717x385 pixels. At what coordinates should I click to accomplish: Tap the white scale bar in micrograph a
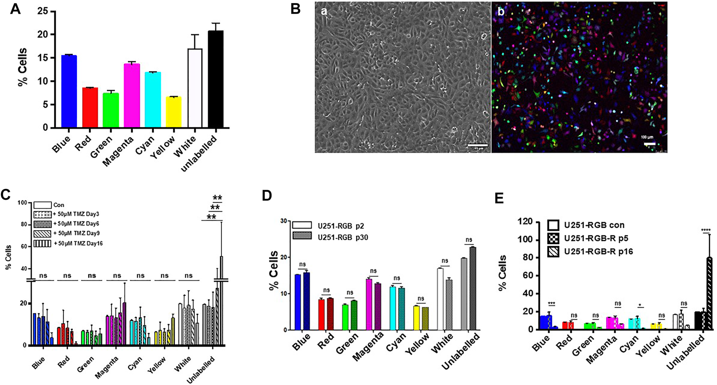pyautogui.click(x=477, y=145)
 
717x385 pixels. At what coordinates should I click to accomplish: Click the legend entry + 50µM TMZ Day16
pyautogui.click(x=78, y=243)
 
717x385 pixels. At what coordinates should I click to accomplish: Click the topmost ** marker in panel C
pyautogui.click(x=217, y=198)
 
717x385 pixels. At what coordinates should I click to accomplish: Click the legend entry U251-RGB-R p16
pyautogui.click(x=598, y=251)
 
